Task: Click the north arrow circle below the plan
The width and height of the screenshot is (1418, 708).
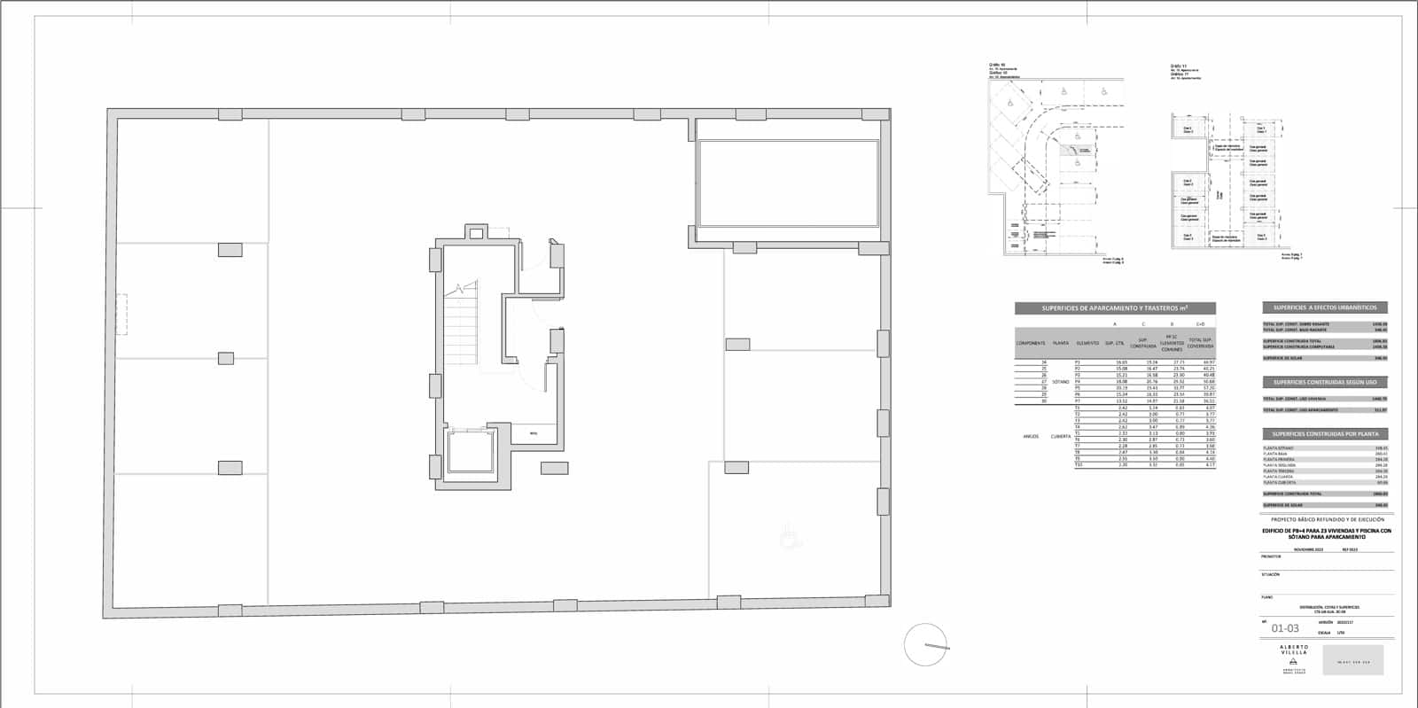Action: (x=925, y=644)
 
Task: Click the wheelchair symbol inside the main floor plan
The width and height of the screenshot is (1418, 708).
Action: (x=787, y=534)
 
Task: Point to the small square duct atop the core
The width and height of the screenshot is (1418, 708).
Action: (x=476, y=233)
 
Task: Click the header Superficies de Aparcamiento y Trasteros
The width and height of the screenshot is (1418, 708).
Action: (x=1115, y=308)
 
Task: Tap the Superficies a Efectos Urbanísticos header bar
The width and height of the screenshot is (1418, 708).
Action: (x=1325, y=307)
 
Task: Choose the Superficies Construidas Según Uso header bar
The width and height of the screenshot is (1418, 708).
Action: (x=1325, y=382)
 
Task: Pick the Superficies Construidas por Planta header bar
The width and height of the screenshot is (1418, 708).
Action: (x=1325, y=434)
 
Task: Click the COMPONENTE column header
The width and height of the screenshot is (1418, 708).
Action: (x=1031, y=343)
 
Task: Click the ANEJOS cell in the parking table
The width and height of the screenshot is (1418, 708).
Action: (x=1031, y=436)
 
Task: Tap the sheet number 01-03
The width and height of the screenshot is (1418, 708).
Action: (x=1285, y=628)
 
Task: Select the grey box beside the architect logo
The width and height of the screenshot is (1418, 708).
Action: (x=1352, y=661)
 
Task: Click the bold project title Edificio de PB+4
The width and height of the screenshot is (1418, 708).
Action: (x=1327, y=533)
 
